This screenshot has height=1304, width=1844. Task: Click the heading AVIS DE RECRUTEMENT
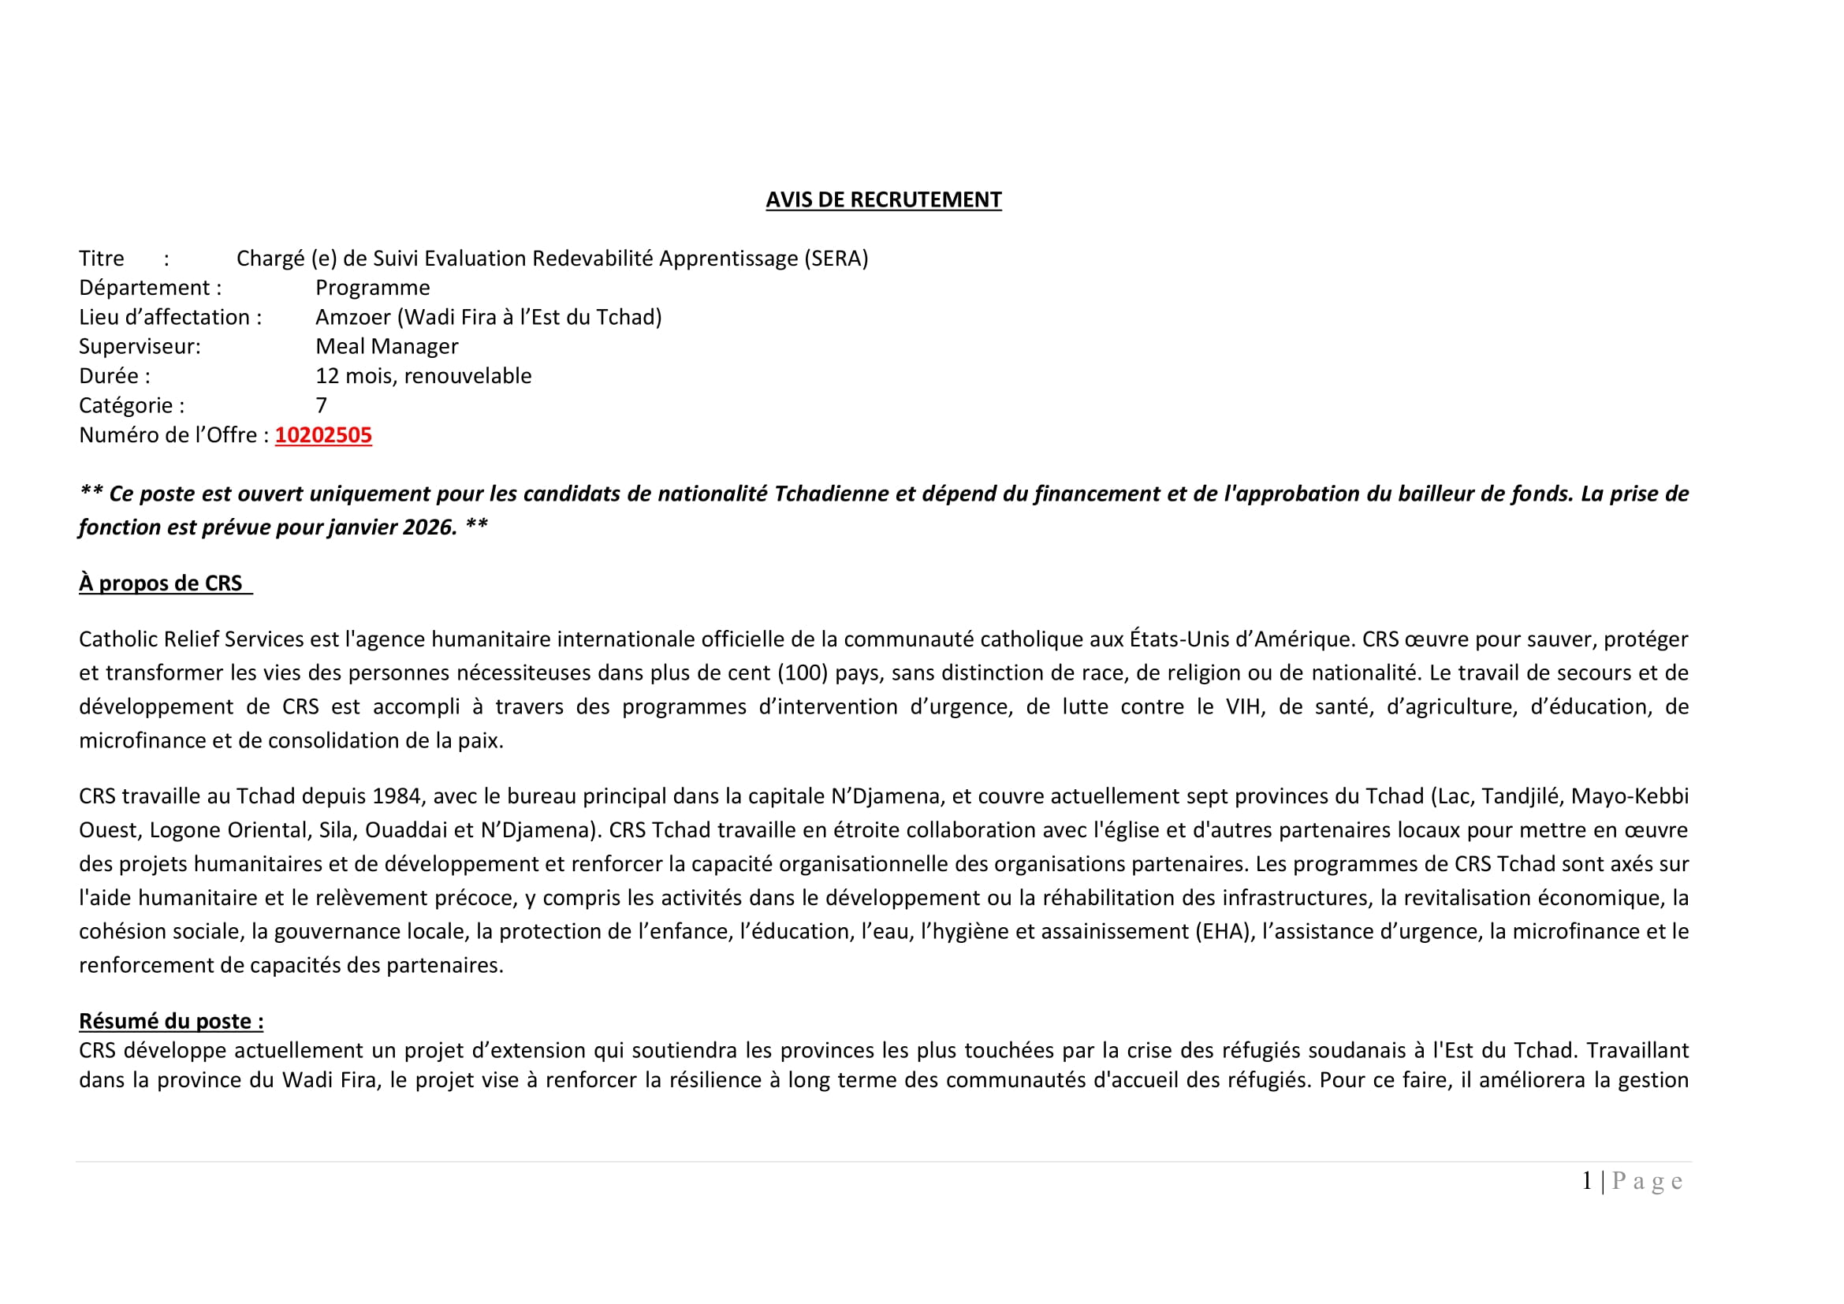[884, 200]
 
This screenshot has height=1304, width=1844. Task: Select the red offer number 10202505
[323, 435]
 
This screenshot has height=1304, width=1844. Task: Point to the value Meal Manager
[386, 347]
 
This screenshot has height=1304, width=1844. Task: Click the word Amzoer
[352, 317]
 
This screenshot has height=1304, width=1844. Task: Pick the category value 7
[321, 405]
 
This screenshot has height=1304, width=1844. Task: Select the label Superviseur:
[140, 347]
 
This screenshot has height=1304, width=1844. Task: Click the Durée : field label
[114, 376]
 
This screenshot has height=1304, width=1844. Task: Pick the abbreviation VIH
[1243, 706]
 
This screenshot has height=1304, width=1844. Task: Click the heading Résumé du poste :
[171, 1021]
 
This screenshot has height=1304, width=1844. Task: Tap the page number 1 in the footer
[1587, 1181]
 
